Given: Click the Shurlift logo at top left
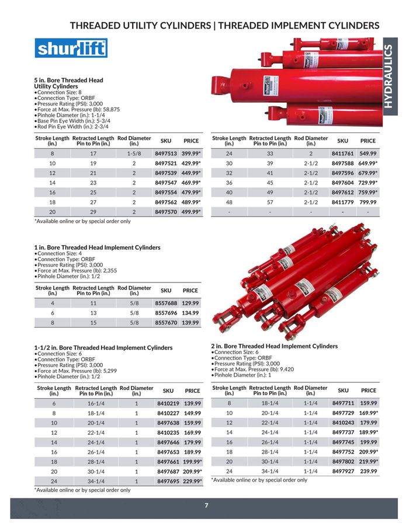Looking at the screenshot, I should click(71, 48).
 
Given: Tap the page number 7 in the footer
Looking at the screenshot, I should click(206, 505).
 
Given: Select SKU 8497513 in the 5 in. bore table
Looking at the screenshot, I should click(166, 154).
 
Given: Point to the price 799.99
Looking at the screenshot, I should click(368, 202).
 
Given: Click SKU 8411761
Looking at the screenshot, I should click(343, 154).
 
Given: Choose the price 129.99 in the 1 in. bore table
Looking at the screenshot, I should click(190, 304).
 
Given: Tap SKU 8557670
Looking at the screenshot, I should click(166, 322).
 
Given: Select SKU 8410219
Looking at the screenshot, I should click(168, 403).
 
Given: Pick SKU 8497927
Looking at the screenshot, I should click(344, 471).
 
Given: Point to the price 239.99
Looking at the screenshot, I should click(369, 471).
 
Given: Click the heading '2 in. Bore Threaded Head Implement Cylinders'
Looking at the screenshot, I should click(274, 346).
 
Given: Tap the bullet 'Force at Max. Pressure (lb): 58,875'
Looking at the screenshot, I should click(78, 109).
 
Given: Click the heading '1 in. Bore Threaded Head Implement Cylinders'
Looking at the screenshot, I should click(97, 247).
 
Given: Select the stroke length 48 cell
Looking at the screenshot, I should click(229, 202).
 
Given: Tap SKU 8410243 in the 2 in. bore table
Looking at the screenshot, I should click(344, 423).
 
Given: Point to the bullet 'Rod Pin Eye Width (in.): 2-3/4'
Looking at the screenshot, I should click(73, 126).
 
